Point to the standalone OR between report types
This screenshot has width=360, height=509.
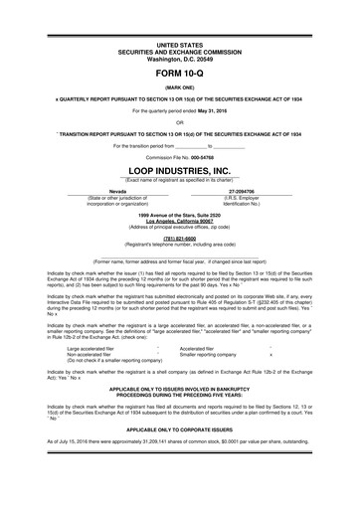(179, 123)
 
